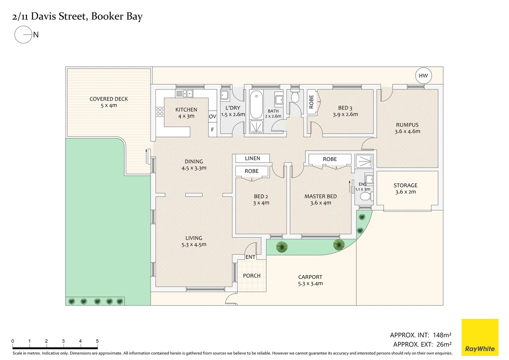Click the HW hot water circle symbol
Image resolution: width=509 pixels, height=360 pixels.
pos(423,76)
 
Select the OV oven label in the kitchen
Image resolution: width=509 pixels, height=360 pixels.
pos(213,117)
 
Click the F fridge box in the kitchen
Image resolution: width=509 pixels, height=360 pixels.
pos(213,130)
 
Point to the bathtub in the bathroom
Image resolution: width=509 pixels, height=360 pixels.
pos(256,104)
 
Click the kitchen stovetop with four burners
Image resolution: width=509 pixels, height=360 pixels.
pos(160,112)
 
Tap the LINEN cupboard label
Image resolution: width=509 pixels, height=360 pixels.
pos(253,158)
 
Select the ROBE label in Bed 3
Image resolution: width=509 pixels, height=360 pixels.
pos(311,102)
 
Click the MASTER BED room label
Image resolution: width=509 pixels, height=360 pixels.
pos(320,196)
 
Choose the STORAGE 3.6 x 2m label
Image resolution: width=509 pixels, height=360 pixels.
pos(405,188)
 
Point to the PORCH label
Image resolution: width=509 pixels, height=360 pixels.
pos(252,276)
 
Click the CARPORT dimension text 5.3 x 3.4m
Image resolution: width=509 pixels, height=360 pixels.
pos(310,284)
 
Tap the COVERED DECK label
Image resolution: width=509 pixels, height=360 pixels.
pos(109,99)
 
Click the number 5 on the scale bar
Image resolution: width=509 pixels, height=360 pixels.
pos(97,341)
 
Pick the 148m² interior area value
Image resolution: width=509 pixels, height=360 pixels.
pos(442,335)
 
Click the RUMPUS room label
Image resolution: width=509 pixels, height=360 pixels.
pos(407,125)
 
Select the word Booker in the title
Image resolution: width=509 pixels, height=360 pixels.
pos(107,16)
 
